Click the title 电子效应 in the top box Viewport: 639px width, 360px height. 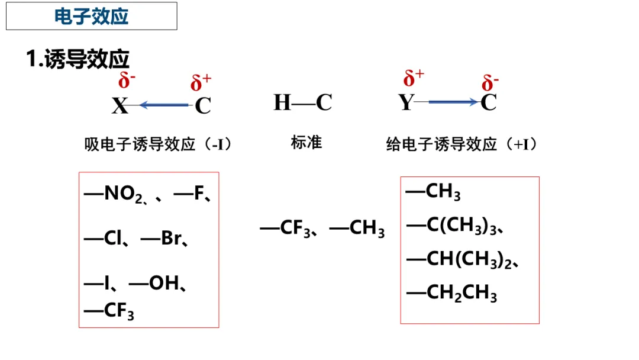91,16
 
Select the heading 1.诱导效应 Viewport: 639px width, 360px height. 78,59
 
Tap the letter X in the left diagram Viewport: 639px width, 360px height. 120,106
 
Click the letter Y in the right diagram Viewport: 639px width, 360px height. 406,102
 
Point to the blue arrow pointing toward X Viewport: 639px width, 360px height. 163,105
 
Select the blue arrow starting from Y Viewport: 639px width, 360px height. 453,102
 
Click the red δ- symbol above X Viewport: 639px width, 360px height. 127,80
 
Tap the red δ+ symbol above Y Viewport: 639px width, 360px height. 414,78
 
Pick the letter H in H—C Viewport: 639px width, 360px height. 282,102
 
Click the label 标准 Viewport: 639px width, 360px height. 306,143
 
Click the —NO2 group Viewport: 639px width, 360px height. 114,194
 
